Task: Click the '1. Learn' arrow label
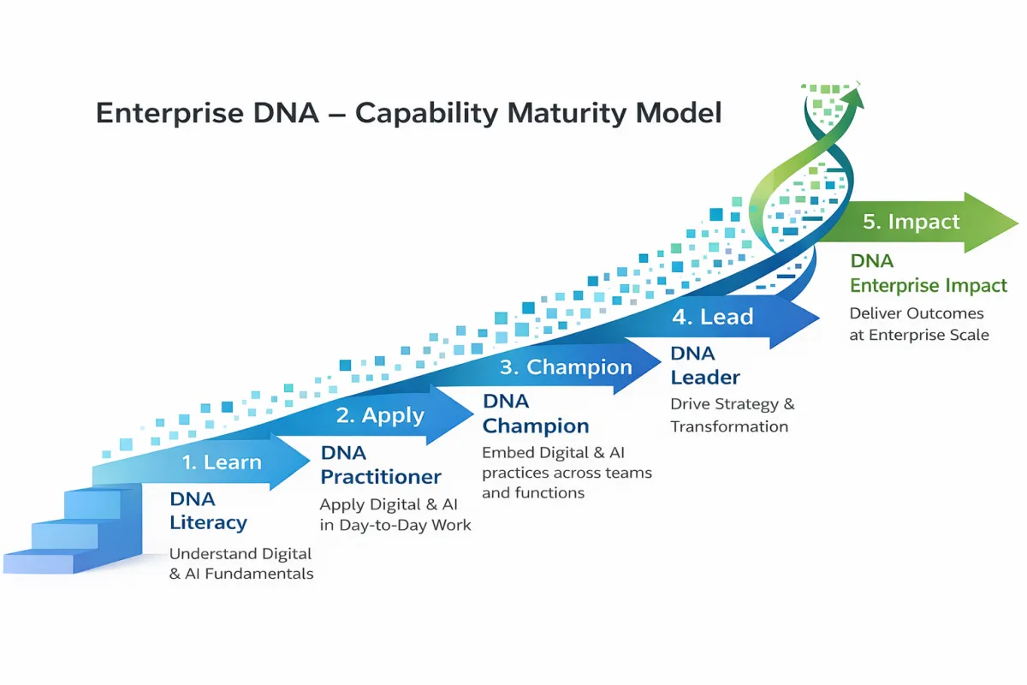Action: click(x=221, y=462)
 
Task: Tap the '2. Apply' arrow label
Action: click(x=380, y=415)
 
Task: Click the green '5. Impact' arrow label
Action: click(x=911, y=222)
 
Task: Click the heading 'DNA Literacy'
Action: click(x=208, y=511)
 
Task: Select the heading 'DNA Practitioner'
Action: click(x=381, y=465)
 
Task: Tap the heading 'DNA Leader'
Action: click(x=705, y=366)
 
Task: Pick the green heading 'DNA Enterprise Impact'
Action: click(x=929, y=274)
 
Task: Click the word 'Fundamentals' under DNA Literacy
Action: click(x=261, y=574)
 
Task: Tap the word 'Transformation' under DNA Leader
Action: click(x=729, y=426)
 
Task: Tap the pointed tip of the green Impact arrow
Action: click(x=1018, y=223)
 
